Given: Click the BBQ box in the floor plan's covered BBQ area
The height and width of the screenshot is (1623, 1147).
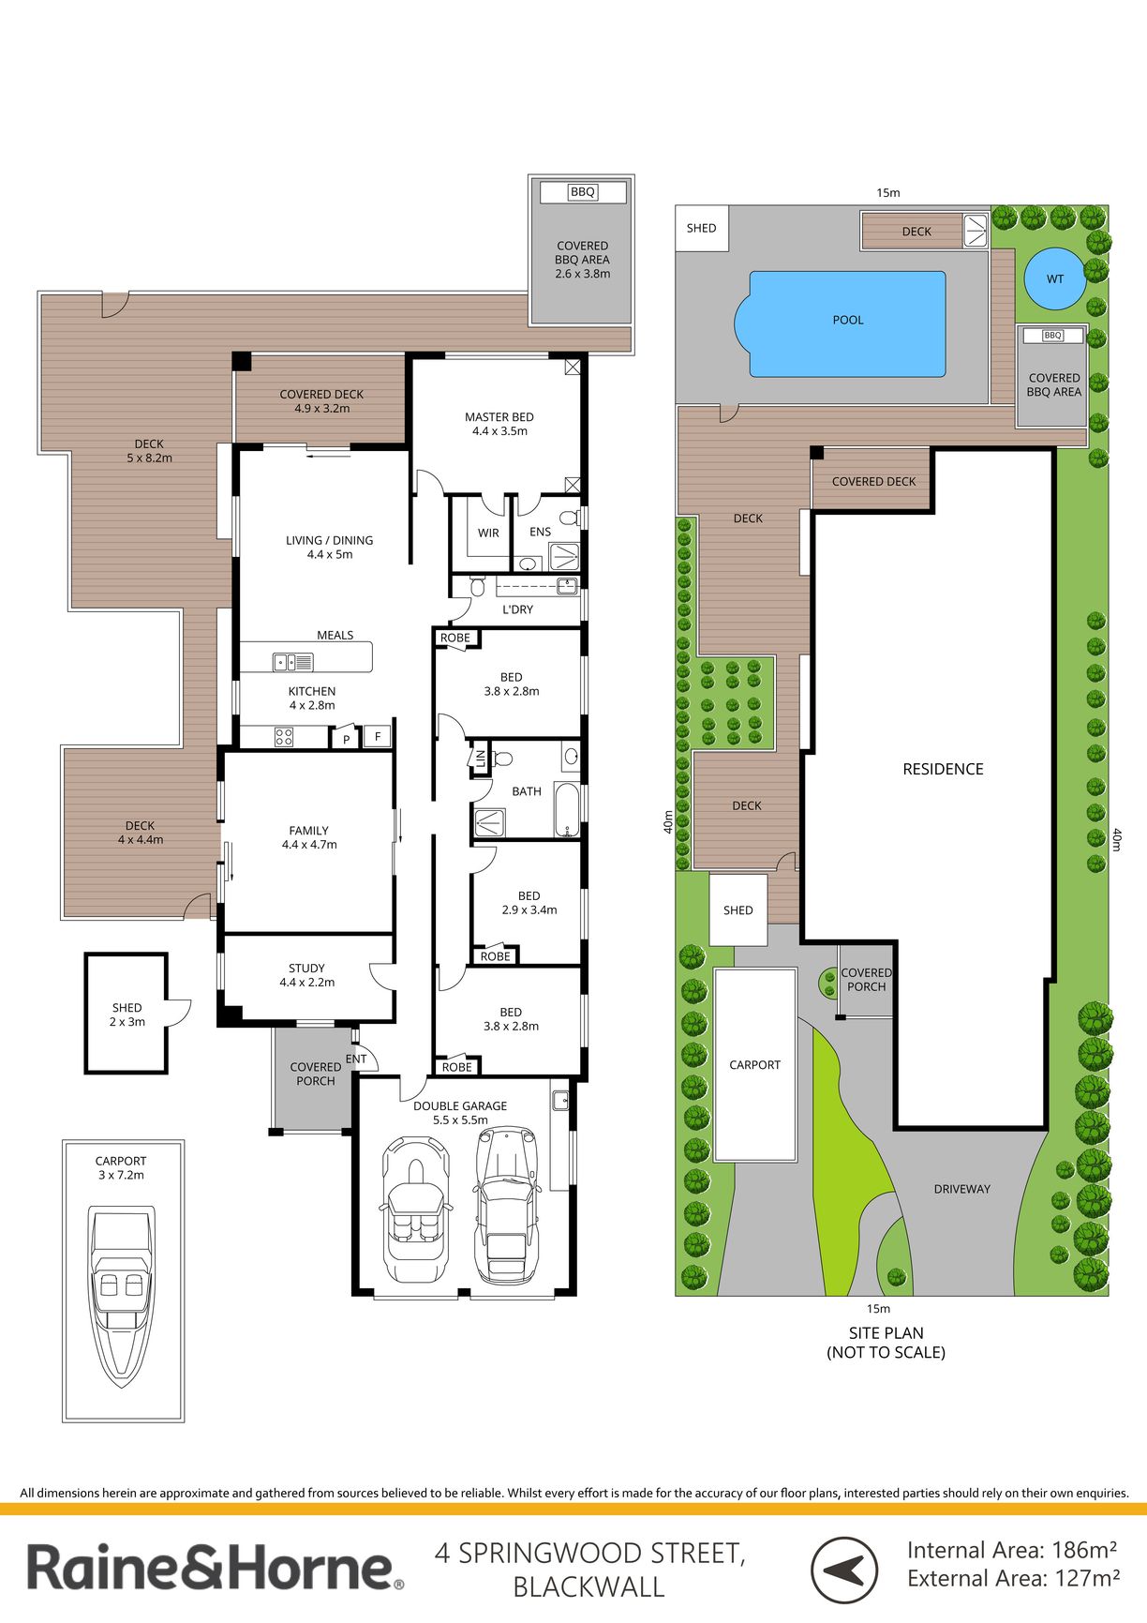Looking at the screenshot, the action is tap(583, 192).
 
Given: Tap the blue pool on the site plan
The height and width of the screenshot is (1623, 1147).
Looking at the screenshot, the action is tap(840, 323).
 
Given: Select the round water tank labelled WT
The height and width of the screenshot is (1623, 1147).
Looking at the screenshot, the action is tap(1054, 278).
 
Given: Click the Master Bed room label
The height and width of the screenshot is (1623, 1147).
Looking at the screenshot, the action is tap(499, 424).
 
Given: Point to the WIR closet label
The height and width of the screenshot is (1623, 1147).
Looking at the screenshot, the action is tap(488, 533).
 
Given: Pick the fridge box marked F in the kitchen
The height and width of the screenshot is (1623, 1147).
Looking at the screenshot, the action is tap(378, 736).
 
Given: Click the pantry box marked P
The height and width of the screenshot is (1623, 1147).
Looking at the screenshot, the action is tap(346, 738).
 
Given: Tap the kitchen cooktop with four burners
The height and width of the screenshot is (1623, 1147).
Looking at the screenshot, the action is tap(284, 737).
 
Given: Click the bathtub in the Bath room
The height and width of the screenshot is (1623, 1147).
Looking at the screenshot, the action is tap(567, 808).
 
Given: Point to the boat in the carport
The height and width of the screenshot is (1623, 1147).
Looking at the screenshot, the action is tap(123, 1296).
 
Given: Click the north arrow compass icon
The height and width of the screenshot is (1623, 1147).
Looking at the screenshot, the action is tap(844, 1570).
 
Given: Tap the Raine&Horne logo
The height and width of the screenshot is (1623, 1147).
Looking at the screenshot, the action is tap(216, 1568).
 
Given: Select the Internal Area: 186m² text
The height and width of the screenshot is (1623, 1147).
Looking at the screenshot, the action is tap(1012, 1550).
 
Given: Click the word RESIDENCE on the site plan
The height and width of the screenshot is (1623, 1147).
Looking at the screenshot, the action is tap(943, 769).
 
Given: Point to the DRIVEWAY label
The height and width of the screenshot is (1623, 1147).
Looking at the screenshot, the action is tap(962, 1189).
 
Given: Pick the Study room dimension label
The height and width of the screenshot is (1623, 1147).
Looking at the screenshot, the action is tap(306, 983).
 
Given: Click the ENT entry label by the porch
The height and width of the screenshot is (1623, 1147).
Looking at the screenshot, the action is tap(356, 1059).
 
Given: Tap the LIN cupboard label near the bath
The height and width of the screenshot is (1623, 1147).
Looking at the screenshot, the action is tap(481, 757).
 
